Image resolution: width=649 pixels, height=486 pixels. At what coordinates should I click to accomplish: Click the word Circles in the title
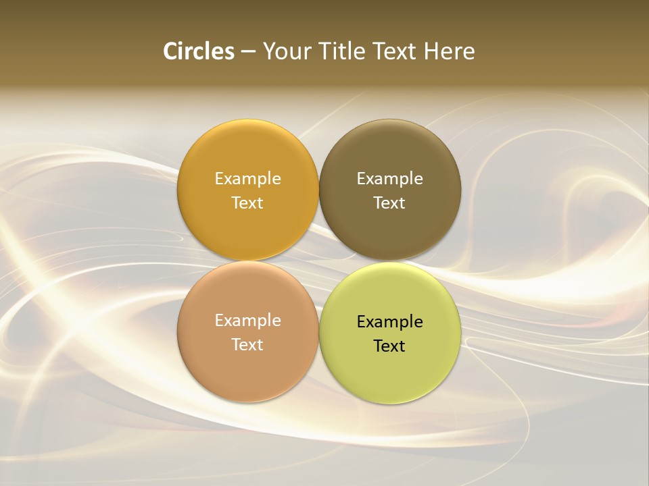[x=199, y=51]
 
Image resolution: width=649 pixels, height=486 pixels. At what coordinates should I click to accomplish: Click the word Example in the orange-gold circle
[x=247, y=179]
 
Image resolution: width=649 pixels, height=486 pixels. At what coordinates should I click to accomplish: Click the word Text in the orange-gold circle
[x=247, y=203]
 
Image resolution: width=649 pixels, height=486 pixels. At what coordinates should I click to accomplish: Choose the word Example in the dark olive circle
[x=389, y=179]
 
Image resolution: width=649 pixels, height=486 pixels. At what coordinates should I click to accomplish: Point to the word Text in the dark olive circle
[x=389, y=203]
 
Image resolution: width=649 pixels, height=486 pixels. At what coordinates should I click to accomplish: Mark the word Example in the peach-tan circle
[x=247, y=321]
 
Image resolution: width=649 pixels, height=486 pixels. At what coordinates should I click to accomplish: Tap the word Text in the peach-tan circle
[x=247, y=345]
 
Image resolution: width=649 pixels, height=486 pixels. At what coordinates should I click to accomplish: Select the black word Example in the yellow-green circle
[x=389, y=322]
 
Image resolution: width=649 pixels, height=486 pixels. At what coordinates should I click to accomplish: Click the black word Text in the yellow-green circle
[x=389, y=346]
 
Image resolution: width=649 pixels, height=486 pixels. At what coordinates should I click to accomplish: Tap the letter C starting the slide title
[x=170, y=51]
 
